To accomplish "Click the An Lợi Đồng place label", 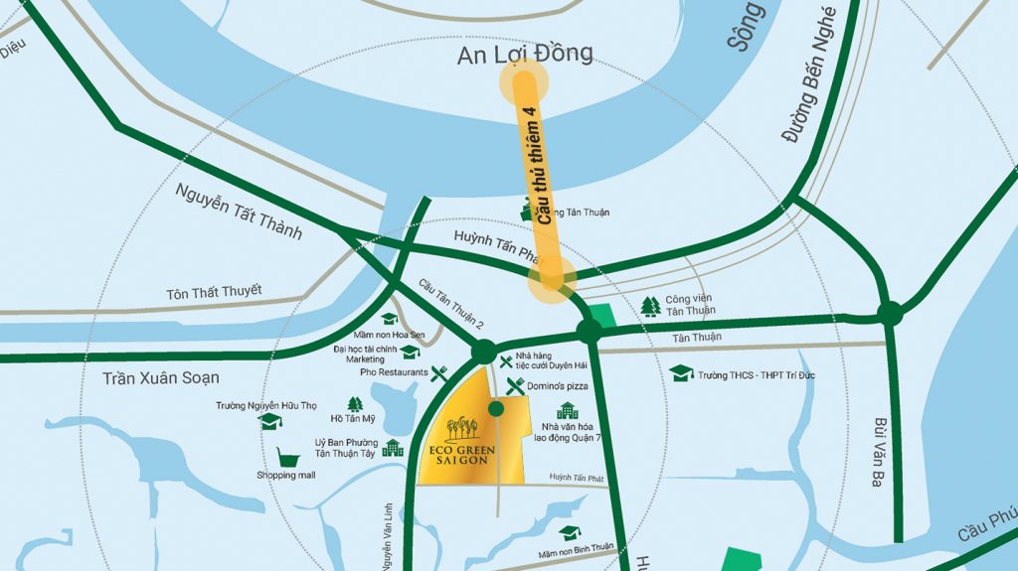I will point(524,54).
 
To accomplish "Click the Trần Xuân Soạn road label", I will point(160,378).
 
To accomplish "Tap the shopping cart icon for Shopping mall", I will point(289,458).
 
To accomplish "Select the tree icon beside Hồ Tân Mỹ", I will point(355,404).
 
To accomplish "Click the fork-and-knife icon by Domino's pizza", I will point(515,385).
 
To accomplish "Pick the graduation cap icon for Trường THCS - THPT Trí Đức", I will point(681,373).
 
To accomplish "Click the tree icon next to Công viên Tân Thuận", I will point(650,306).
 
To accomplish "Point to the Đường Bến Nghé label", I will point(809,74).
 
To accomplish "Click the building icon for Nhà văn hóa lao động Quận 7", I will point(567,410).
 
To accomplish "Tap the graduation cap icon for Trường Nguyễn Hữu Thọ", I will point(267,421).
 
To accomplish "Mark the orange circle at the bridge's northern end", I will point(523,84).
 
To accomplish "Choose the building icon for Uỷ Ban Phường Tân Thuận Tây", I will point(393,447).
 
